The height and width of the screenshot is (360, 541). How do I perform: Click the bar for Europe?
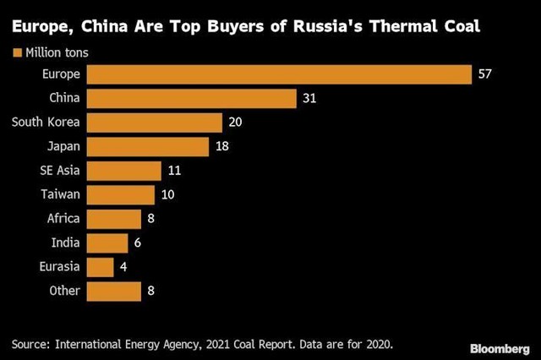pyautogui.click(x=279, y=74)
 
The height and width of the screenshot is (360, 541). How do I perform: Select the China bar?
pyautogui.click(x=192, y=99)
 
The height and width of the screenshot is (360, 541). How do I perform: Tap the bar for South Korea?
pyautogui.click(x=154, y=123)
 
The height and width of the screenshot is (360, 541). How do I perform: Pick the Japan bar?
pyautogui.click(x=147, y=147)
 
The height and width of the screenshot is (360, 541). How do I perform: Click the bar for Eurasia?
pyautogui.click(x=100, y=267)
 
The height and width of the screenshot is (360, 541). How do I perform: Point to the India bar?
pyautogui.click(x=107, y=243)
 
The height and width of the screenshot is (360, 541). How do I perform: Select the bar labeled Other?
pyautogui.click(x=113, y=291)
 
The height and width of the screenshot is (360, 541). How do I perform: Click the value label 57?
pyautogui.click(x=484, y=74)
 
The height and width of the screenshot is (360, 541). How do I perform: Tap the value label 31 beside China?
pyautogui.click(x=309, y=99)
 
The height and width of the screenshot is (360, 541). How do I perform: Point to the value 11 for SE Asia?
pyautogui.click(x=174, y=171)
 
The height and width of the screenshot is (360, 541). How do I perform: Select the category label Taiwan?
pyautogui.click(x=60, y=195)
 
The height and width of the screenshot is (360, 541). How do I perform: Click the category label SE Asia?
pyautogui.click(x=59, y=171)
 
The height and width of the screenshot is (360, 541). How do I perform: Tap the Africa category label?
pyautogui.click(x=63, y=219)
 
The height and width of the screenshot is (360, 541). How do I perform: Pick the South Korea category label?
pyautogui.click(x=46, y=123)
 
